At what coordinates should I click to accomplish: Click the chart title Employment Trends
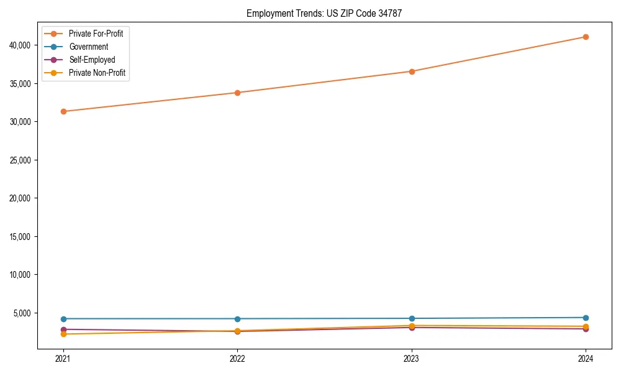click(324, 13)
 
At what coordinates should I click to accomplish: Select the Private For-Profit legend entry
click(96, 34)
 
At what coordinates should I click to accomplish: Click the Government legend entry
click(88, 47)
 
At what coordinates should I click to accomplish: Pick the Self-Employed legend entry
click(92, 60)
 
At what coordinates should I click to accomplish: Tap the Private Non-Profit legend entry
click(97, 73)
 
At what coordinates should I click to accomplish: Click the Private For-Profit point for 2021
click(63, 111)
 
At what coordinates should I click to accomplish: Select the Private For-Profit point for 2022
click(237, 93)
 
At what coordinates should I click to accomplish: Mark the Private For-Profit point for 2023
click(412, 71)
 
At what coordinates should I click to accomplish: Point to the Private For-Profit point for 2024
click(586, 37)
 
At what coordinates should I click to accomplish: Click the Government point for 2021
click(63, 319)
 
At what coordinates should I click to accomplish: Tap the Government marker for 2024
click(586, 318)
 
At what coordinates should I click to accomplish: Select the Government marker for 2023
click(412, 318)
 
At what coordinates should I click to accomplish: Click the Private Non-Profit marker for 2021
click(63, 334)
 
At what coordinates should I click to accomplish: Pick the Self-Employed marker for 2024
click(586, 329)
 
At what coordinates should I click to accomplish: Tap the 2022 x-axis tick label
click(237, 359)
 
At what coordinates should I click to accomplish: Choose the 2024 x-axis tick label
click(586, 359)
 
